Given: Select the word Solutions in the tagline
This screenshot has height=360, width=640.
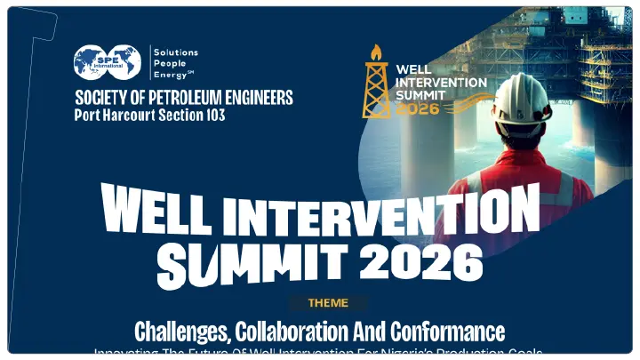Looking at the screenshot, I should click(x=175, y=52).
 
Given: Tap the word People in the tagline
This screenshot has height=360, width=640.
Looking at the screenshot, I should click(x=169, y=64).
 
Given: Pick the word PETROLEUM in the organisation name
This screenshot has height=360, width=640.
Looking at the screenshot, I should click(x=191, y=97).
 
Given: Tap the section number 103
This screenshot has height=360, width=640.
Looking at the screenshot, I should click(x=212, y=116).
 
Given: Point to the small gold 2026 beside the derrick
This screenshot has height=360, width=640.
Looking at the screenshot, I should click(x=418, y=108).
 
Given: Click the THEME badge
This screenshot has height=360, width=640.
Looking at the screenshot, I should click(x=328, y=303).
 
